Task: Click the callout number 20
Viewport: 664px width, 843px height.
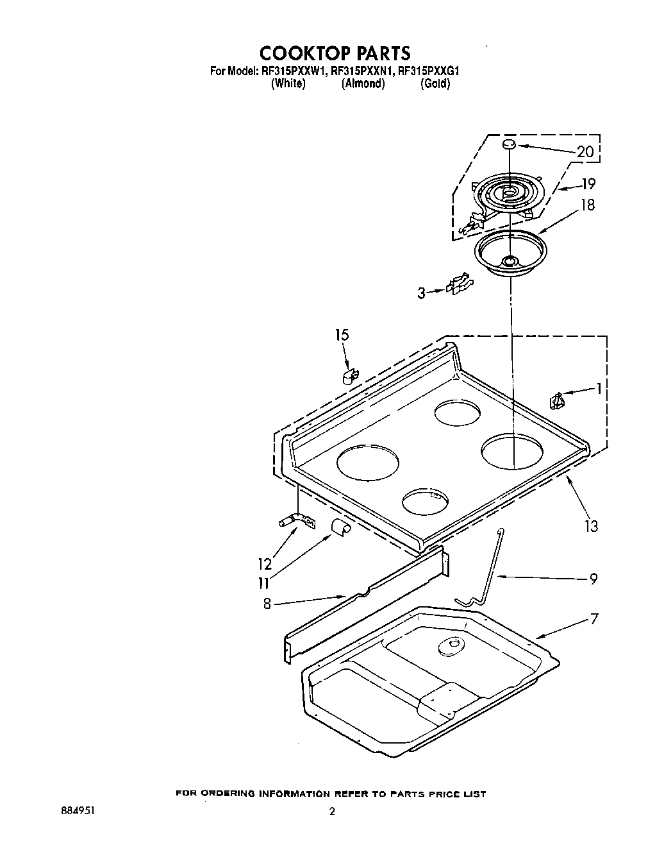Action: (x=585, y=152)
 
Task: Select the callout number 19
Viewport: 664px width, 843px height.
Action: (x=588, y=184)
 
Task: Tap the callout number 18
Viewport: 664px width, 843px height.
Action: (x=587, y=205)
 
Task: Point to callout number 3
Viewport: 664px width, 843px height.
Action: (x=421, y=293)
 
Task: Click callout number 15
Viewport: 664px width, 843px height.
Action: (x=342, y=335)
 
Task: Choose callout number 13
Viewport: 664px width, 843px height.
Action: (x=591, y=526)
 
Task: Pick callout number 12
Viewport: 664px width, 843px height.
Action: (x=265, y=564)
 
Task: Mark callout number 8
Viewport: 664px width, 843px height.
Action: (x=267, y=603)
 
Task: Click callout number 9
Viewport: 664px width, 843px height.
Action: (x=593, y=579)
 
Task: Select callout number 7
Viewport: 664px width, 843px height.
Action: (x=594, y=619)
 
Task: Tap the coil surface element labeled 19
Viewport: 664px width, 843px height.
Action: (x=508, y=192)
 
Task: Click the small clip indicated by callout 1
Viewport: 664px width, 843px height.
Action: (x=556, y=401)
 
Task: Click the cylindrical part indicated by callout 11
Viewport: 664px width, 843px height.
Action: (x=340, y=527)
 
